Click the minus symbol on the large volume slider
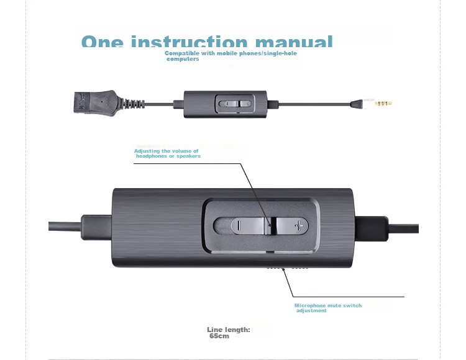coord(237,226)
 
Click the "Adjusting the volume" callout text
coord(167,151)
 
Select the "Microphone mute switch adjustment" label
coord(327,308)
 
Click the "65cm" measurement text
coord(219,336)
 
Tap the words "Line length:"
coord(229,330)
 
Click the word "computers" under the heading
coord(183,59)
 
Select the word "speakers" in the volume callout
coord(188,156)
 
